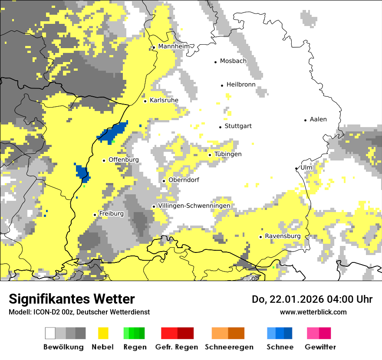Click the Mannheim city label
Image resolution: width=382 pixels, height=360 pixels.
coord(174,47)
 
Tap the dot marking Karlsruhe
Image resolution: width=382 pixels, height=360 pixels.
coord(145,101)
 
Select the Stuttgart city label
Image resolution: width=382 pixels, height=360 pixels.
coord(238,126)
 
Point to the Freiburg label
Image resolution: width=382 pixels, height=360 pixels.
coord(111,214)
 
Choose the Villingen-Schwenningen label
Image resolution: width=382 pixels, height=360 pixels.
coord(194,206)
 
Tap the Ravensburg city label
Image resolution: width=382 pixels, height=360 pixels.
coord(283,236)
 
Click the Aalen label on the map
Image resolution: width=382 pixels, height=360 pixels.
coord(318,119)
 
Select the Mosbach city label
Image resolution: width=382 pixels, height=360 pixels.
coord(233,61)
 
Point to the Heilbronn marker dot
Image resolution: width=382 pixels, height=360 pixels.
coord(222,85)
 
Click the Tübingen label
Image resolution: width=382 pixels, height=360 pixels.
coord(228,154)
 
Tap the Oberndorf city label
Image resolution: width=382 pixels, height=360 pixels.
coord(184,180)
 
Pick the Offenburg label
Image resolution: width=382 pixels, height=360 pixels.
coord(124,160)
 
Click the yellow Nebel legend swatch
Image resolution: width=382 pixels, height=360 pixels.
coord(103,333)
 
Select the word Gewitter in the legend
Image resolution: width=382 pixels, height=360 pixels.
coord(320,347)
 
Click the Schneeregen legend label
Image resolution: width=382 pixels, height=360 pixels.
coord(229,347)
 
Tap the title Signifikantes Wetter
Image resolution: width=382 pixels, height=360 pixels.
coord(72,299)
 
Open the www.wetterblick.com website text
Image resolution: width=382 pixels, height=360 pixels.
coord(313,312)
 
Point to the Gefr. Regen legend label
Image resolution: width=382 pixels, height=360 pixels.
coord(177,347)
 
